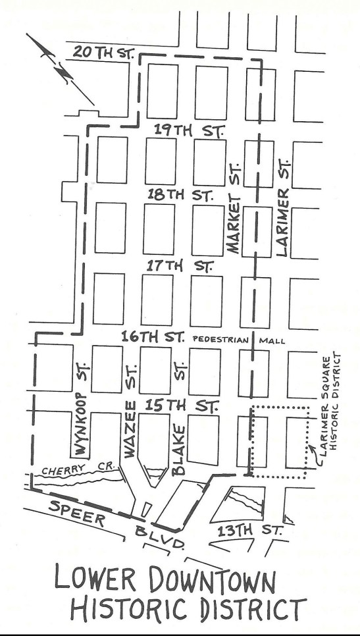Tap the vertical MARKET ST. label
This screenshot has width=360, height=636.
tap(234, 219)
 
